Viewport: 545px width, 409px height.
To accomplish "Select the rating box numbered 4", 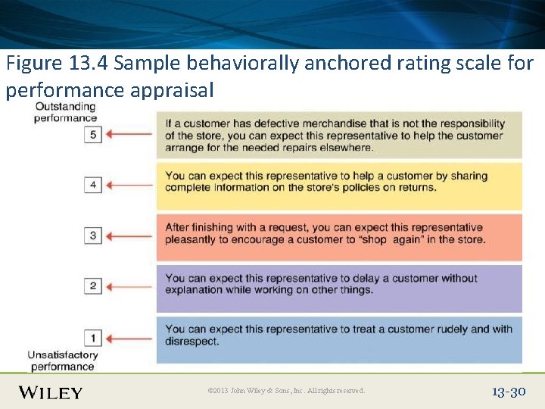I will tap(93, 185).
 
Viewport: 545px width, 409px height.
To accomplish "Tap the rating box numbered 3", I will tap(93, 236).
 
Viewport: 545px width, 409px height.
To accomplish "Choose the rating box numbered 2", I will tap(93, 286).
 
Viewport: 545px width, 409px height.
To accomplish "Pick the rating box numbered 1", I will tap(93, 337).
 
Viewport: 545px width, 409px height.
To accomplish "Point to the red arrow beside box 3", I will tap(129, 236).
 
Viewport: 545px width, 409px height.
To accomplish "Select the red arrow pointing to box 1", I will tap(129, 337).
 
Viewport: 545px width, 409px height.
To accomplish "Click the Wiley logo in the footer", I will tap(51, 392).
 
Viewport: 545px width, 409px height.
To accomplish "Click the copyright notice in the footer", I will tap(286, 391).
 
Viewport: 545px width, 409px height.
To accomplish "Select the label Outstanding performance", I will tap(66, 112).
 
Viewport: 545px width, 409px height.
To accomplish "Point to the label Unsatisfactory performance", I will tap(63, 361).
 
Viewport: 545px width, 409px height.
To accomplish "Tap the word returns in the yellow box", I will tap(417, 188).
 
